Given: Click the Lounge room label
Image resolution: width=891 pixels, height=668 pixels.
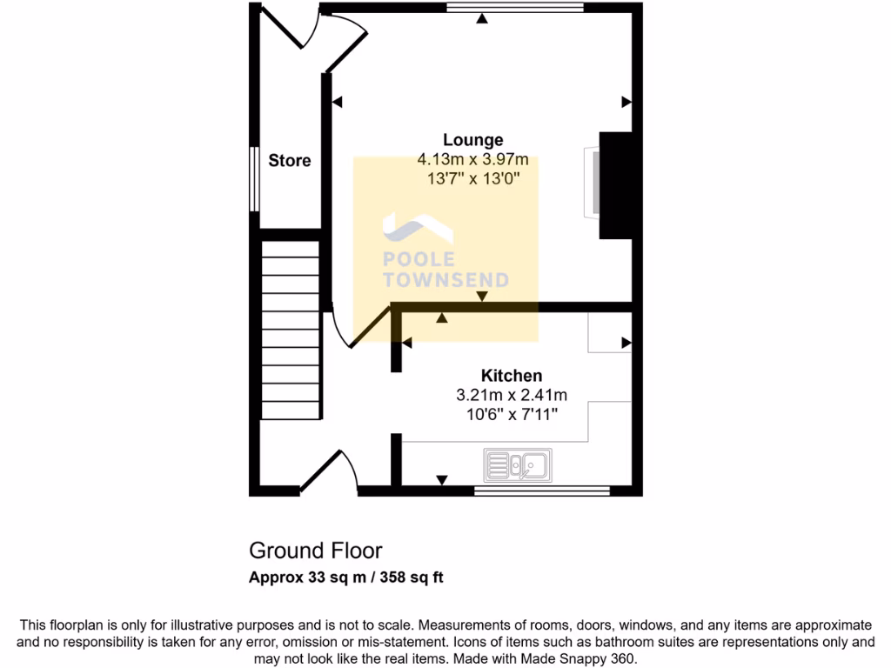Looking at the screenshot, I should pos(472,139).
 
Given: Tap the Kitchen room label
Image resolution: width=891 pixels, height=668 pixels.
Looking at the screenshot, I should pos(512,376).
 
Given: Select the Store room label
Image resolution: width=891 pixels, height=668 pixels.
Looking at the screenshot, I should pos(289,161).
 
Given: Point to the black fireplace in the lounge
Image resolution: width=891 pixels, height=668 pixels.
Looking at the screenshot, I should pos(614,185).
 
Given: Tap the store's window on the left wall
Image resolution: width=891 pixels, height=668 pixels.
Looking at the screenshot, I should pos(252,178).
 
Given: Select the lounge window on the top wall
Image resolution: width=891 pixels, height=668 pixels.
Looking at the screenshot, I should pos(515,8).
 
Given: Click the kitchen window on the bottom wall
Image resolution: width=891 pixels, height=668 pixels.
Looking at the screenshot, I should pos(541,491).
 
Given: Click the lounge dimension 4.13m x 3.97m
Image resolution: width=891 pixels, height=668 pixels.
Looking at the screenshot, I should pos(472,159).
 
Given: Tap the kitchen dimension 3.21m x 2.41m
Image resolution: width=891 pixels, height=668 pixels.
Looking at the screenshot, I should pos(512,395).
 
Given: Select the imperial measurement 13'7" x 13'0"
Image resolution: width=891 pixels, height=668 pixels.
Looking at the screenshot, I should pos(472,178).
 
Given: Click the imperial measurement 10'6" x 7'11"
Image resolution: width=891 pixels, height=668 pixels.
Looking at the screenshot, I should pos(512,414).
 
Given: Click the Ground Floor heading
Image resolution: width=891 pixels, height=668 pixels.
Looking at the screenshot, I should pos(315,551).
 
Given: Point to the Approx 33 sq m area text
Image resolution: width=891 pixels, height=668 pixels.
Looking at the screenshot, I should pos(346,577).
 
